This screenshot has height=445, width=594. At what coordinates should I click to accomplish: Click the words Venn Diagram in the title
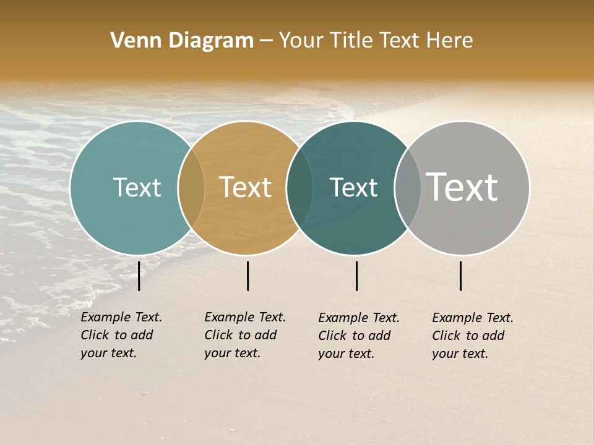[x=182, y=41]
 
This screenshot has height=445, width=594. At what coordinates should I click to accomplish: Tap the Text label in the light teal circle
[x=137, y=187]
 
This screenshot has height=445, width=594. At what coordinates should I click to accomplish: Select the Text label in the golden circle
[x=245, y=187]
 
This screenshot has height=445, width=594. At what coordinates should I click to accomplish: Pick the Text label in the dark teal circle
[x=353, y=187]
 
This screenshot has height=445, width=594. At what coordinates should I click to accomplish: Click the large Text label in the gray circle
[x=462, y=187]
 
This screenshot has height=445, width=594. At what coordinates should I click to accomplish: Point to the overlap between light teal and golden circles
[x=191, y=188]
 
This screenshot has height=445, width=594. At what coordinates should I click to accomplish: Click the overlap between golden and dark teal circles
[x=299, y=188]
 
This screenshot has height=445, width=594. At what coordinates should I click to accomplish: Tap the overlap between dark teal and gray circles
[x=407, y=188]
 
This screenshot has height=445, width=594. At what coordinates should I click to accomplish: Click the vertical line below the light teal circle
[x=139, y=276]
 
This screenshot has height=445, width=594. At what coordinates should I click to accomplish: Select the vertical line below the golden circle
[x=247, y=276]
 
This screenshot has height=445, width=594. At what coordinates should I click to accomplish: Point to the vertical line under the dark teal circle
[x=357, y=276]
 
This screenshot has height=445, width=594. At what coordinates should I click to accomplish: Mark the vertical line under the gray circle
[x=461, y=276]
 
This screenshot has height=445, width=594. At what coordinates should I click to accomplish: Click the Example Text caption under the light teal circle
[x=121, y=318]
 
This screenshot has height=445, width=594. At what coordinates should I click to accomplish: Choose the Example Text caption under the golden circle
[x=245, y=318]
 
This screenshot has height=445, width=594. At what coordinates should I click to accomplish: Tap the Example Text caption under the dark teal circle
[x=359, y=318]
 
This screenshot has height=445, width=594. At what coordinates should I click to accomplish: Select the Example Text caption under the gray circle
[x=473, y=318]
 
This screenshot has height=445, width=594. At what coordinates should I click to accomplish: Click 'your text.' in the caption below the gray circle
[x=460, y=354]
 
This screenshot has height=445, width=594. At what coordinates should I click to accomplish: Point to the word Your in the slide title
[x=301, y=41]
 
